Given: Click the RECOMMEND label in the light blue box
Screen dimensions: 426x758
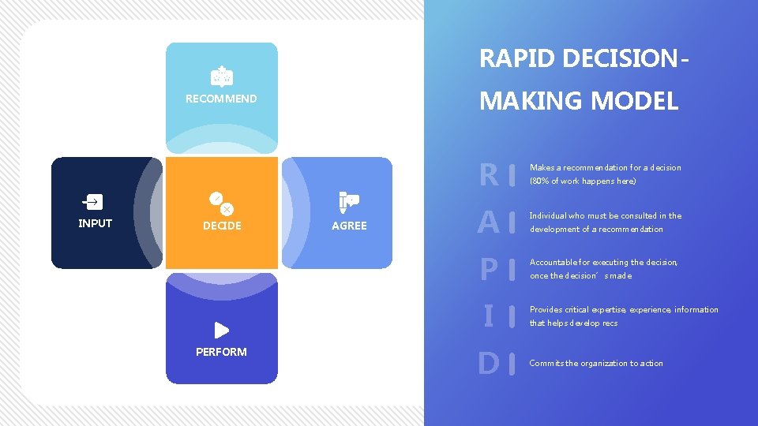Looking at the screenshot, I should (221, 99).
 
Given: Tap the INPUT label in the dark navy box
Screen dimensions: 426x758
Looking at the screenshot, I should (95, 223).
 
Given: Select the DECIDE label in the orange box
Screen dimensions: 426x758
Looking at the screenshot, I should (222, 226).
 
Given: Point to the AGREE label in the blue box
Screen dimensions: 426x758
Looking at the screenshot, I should (349, 226).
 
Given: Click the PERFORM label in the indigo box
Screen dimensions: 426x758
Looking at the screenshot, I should (221, 352).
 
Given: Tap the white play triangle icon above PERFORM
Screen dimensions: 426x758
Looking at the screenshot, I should (222, 330).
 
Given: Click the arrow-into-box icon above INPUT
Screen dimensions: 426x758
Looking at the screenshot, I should (93, 202).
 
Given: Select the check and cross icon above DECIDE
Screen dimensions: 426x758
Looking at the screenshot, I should (221, 202).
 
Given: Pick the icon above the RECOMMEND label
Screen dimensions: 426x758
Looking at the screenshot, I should (222, 76).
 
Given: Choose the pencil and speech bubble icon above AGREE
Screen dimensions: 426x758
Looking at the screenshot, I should (348, 202).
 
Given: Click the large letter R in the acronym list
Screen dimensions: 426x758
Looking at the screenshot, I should (489, 174).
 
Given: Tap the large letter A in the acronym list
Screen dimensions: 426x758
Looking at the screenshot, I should (489, 222).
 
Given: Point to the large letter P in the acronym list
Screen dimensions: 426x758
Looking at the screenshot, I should (489, 270).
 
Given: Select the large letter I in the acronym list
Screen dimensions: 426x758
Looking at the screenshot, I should (489, 316).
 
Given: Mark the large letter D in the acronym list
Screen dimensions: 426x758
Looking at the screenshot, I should (489, 364).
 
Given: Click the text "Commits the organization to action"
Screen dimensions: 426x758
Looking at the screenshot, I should (596, 364).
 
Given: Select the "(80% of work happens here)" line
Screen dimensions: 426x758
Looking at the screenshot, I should (583, 181).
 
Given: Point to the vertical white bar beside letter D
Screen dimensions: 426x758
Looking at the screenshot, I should (513, 364).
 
